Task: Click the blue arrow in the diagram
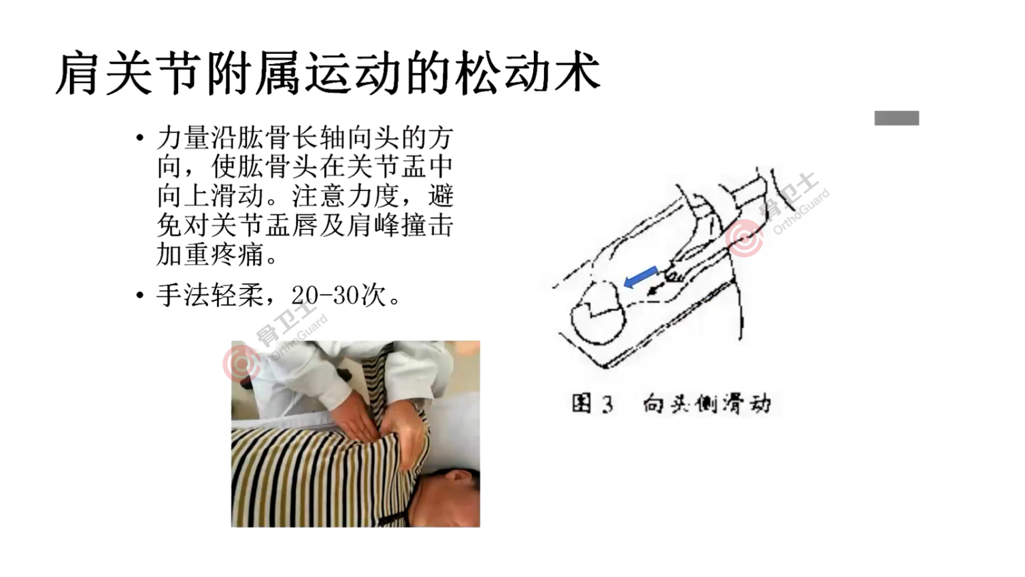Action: pos(640,276)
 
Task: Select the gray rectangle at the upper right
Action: pos(896,118)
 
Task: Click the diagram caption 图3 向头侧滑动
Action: pos(671,403)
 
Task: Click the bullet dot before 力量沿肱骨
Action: pos(140,139)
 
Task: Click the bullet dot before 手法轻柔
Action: pos(140,296)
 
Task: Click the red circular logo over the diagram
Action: pos(744,239)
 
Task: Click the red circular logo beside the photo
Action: pos(241,363)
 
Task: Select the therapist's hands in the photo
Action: pos(381,425)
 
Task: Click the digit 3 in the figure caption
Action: pos(607,405)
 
